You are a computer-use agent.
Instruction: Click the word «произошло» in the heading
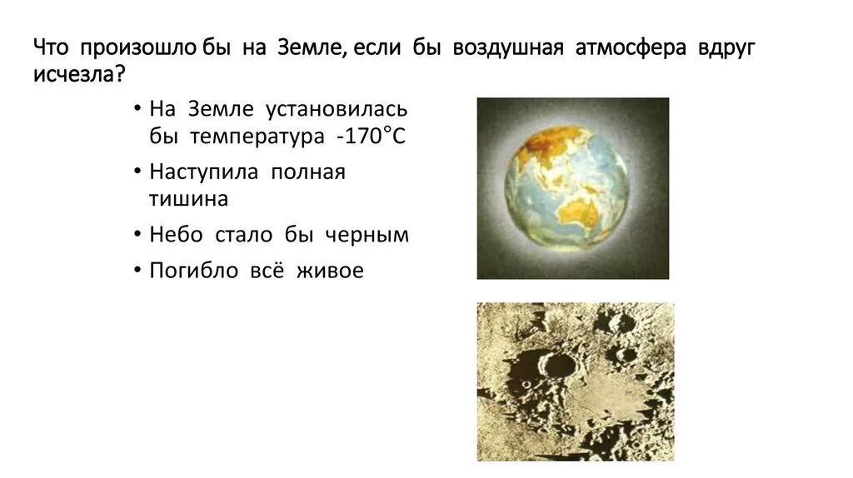click(138, 48)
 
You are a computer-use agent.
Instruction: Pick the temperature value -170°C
click(371, 137)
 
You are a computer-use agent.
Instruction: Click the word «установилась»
click(336, 110)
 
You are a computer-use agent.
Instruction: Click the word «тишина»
click(188, 199)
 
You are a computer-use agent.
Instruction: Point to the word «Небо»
click(177, 235)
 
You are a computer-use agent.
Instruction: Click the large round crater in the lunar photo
click(556, 364)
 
